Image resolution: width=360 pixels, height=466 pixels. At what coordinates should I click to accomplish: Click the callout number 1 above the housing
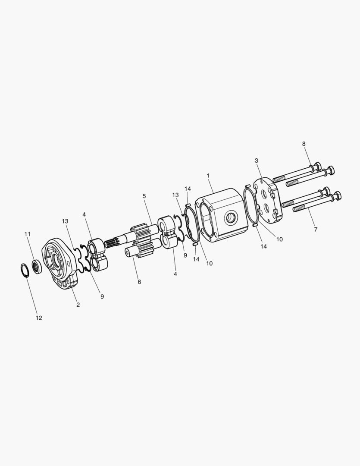point(208,176)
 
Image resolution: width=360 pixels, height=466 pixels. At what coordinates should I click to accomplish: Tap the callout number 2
point(78,305)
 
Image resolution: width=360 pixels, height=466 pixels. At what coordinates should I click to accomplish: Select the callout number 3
point(257,161)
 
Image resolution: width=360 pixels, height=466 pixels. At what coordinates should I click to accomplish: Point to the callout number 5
point(144,196)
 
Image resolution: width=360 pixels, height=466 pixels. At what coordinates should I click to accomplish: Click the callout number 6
point(139,282)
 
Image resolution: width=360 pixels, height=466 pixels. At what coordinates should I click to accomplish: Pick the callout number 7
point(316,230)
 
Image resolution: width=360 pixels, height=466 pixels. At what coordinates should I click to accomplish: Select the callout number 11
point(28,234)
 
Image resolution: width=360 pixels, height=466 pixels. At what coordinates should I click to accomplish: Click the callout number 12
point(39,318)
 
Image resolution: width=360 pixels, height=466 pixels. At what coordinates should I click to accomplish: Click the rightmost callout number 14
point(263,246)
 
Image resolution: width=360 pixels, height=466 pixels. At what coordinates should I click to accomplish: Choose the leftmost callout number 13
point(65,221)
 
